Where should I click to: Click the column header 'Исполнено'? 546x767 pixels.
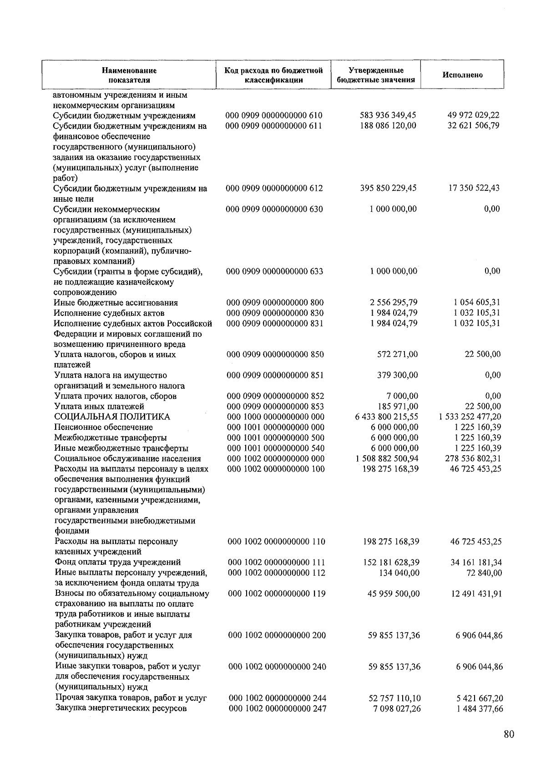pyautogui.click(x=462, y=75)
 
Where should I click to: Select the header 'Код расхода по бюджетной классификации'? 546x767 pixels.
pyautogui.click(x=273, y=75)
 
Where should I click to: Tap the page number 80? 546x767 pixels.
pyautogui.click(x=509, y=734)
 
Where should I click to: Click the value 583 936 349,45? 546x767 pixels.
pyautogui.click(x=388, y=115)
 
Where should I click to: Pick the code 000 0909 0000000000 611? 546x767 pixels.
pyautogui.click(x=274, y=126)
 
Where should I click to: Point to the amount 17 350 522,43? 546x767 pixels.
pyautogui.click(x=474, y=188)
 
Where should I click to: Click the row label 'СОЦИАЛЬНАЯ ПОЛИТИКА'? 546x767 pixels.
pyautogui.click(x=112, y=417)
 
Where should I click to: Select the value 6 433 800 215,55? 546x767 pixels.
pyautogui.click(x=387, y=417)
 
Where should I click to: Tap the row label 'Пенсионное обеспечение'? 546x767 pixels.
pyautogui.click(x=103, y=427)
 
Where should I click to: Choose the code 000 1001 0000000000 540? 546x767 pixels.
pyautogui.click(x=276, y=448)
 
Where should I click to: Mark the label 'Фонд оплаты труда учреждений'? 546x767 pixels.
pyautogui.click(x=118, y=562)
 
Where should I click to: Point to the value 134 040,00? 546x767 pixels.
pyautogui.click(x=399, y=573)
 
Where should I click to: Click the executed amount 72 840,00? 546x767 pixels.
pyautogui.click(x=484, y=573)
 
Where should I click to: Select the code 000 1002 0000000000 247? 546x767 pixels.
pyautogui.click(x=277, y=708)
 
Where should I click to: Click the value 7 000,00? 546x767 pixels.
pyautogui.click(x=402, y=396)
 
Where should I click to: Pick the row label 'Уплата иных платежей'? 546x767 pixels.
pyautogui.click(x=99, y=406)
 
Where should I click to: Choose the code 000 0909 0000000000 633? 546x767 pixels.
pyautogui.click(x=275, y=271)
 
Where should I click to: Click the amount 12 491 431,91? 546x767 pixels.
pyautogui.click(x=476, y=593)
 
